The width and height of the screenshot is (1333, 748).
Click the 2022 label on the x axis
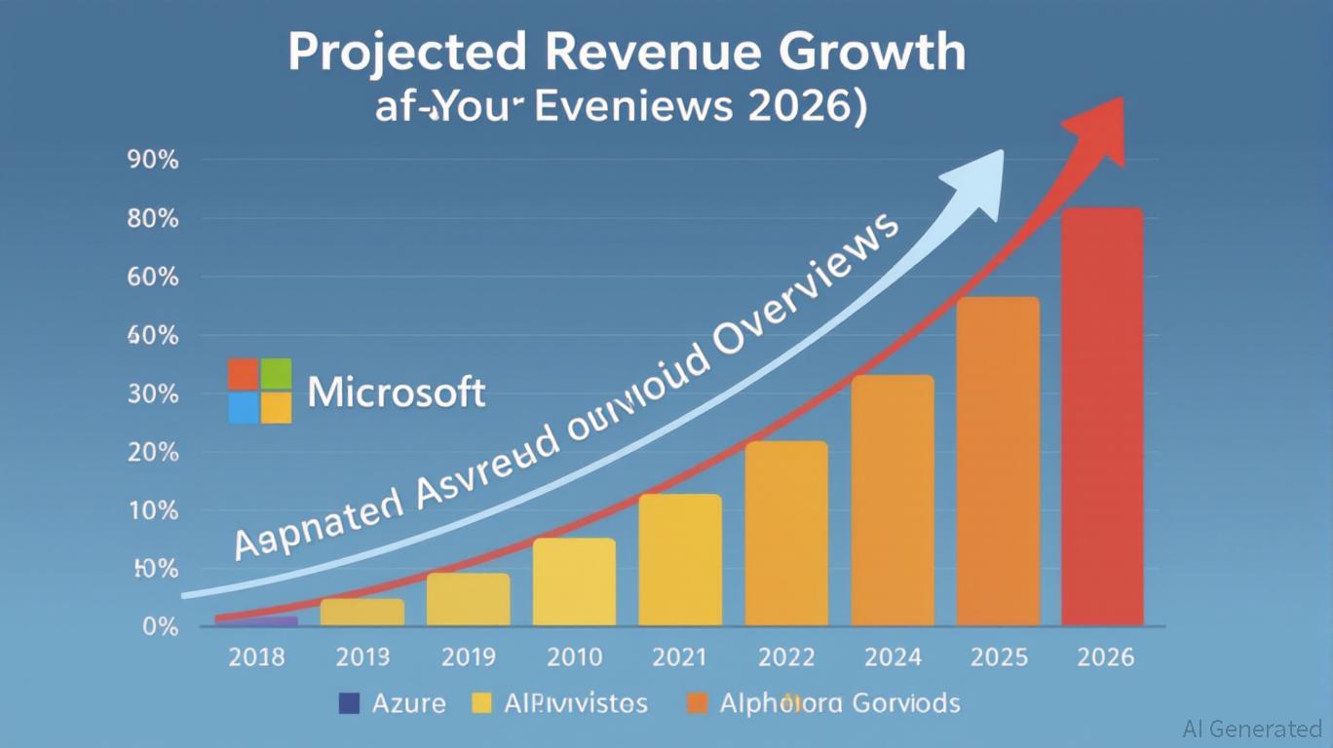tap(786, 657)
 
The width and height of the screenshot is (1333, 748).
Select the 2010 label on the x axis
tap(575, 657)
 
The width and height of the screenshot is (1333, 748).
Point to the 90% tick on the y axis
tap(152, 161)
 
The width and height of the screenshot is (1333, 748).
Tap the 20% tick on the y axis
tap(152, 453)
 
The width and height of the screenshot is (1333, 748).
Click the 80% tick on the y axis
tap(152, 219)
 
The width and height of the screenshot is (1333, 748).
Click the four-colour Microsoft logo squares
tap(260, 391)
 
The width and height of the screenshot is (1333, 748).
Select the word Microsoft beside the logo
tap(397, 393)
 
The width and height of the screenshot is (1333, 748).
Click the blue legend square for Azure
tap(348, 702)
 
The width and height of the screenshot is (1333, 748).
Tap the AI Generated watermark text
tap(1252, 729)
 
